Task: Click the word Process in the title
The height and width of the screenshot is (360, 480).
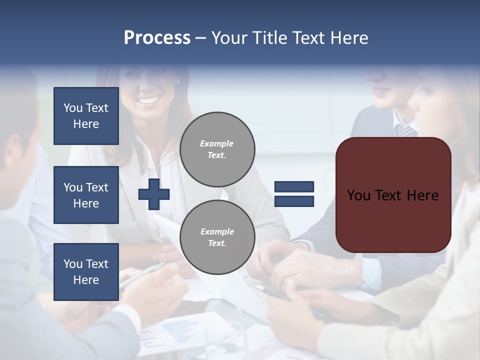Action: coord(157,38)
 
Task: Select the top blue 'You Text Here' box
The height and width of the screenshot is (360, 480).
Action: coord(86,116)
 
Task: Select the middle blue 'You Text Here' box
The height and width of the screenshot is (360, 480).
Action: coord(86,195)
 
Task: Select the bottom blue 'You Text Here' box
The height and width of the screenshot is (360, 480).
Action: coord(86,271)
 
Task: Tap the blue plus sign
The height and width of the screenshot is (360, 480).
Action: coord(154,194)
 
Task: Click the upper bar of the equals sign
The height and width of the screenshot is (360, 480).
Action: coord(294,186)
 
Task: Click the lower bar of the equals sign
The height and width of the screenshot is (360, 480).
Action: coord(294,201)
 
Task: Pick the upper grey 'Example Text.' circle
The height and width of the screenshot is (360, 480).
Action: coord(217,149)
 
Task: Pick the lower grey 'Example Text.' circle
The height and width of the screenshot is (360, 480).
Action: coord(217,237)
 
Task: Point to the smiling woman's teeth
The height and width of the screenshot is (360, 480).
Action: coord(147,100)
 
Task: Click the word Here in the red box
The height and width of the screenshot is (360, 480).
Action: coord(422,195)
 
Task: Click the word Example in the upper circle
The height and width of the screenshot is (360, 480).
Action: coord(216,143)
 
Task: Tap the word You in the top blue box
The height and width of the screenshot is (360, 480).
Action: coord(72,108)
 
